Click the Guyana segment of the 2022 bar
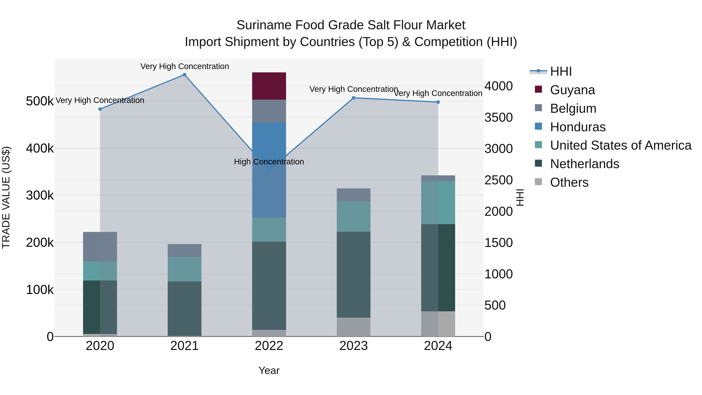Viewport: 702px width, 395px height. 269,86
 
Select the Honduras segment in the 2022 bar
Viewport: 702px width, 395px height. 269,142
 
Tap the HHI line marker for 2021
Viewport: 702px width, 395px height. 184,75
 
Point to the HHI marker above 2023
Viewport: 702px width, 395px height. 354,98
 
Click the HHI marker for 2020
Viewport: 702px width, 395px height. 100,109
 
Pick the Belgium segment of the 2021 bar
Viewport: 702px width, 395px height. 184,250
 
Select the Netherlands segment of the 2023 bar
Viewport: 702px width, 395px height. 354,274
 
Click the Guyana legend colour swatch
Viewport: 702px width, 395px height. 538,89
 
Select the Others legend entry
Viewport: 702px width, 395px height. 569,182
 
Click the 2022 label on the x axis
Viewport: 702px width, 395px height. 269,346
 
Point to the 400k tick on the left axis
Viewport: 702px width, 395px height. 40,149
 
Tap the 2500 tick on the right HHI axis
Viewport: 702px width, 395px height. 498,180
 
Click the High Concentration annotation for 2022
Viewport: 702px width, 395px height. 269,162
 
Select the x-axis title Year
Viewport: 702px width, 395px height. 269,370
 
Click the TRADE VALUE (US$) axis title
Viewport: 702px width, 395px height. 6,197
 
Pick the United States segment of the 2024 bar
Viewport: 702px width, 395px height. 438,202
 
